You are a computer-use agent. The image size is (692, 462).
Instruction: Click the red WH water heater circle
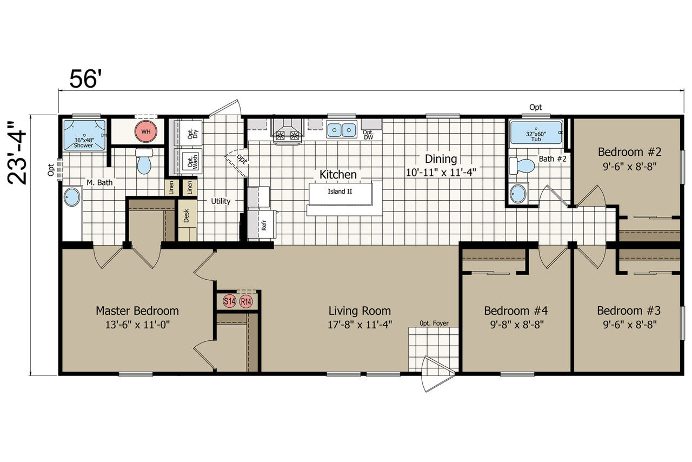pos(145,132)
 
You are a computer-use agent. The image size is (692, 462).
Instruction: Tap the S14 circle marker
pos(230,301)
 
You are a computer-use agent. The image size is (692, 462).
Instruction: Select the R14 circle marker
pos(246,301)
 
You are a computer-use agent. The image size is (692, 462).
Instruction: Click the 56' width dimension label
pos(85,79)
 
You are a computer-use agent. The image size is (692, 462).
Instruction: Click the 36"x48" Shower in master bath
pos(84,135)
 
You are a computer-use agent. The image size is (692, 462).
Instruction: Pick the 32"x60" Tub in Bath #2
pos(536,133)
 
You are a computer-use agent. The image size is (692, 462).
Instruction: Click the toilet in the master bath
pos(144,161)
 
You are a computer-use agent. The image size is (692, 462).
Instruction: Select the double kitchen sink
pos(341,129)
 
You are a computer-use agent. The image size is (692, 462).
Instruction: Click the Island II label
pos(340,192)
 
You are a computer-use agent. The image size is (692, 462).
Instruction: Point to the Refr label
pos(264,225)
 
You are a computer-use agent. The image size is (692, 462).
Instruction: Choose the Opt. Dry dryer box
pos(191,133)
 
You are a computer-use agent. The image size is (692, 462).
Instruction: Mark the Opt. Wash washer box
pos(191,161)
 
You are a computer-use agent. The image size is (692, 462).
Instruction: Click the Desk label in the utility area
pos(187,215)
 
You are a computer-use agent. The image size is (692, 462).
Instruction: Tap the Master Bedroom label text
pos(137,311)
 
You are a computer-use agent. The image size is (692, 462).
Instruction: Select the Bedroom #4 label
pos(516,311)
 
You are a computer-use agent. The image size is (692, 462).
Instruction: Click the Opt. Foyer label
pos(434,323)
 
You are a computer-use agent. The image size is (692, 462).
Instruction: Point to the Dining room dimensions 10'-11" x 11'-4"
pos(441,172)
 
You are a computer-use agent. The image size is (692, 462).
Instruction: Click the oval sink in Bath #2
pos(518,194)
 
